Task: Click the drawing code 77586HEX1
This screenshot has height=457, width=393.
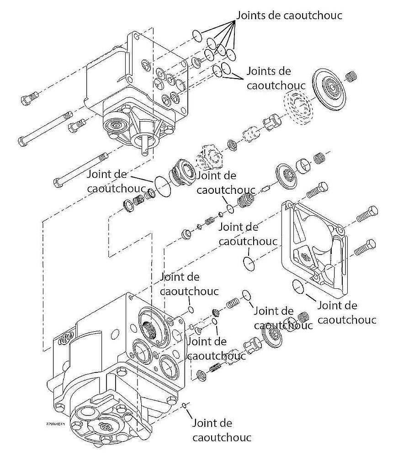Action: coord(55,424)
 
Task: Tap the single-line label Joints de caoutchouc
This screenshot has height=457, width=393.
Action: coord(289,15)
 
